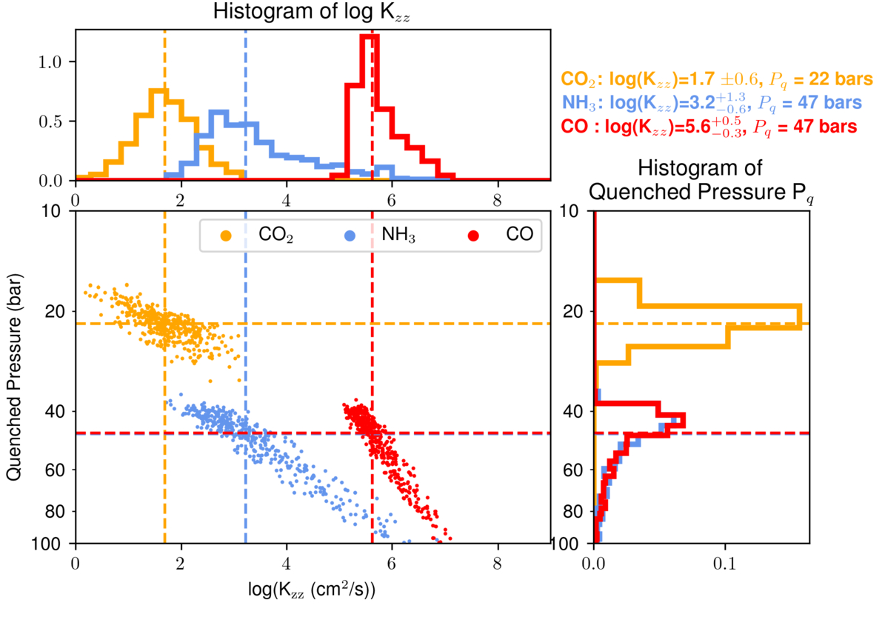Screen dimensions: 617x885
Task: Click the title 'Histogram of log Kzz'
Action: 312,12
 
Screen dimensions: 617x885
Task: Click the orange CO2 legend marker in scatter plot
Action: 226,236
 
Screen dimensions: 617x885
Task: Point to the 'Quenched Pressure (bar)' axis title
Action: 15,377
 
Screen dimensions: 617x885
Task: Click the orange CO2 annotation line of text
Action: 718,79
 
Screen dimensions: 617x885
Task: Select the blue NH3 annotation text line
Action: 711,103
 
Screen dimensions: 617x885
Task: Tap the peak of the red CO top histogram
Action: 368,36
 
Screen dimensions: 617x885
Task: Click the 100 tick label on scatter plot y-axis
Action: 53,544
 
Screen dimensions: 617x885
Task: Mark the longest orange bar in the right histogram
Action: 801,316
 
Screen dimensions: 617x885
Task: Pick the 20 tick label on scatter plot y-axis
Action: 56,311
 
